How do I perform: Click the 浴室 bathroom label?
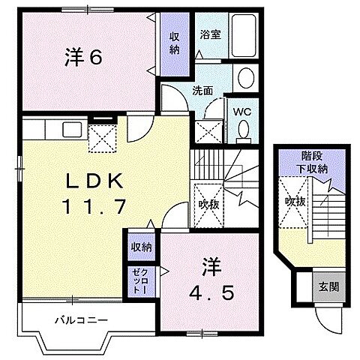pyautogui.click(x=209, y=34)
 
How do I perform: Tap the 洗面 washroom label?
pyautogui.click(x=202, y=91)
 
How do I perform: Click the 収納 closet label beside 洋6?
pyautogui.click(x=174, y=43)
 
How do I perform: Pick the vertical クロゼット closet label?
pyautogui.click(x=139, y=280)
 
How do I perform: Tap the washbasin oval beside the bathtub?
pyautogui.click(x=244, y=78)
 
